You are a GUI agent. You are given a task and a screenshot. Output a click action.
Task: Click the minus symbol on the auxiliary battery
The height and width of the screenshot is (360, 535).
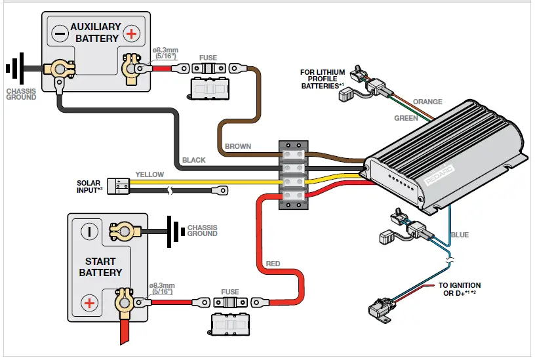pos(59,33)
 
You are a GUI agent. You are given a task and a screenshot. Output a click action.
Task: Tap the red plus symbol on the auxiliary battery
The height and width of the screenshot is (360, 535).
pos(132,33)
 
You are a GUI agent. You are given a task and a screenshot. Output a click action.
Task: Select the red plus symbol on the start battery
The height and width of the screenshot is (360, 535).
pos(89,303)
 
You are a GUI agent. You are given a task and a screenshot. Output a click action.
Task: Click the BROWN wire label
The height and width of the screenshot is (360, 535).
pos(237,146)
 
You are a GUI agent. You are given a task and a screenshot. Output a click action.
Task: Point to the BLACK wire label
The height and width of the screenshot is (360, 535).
pos(193,160)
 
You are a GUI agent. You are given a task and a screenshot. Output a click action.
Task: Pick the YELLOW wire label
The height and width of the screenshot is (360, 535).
pos(149,175)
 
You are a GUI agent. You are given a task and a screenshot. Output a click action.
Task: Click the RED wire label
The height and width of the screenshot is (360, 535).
pos(273,264)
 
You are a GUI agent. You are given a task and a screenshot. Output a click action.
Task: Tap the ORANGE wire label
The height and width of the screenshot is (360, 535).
pos(427,102)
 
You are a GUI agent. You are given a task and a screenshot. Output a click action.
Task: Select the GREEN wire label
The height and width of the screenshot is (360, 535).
pos(406,119)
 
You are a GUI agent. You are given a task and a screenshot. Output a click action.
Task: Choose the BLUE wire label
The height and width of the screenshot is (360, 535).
pos(460,235)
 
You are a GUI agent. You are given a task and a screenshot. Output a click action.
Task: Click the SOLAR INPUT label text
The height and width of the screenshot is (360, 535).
pos(90,186)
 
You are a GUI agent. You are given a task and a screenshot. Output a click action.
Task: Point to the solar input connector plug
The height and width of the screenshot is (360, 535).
pos(119,186)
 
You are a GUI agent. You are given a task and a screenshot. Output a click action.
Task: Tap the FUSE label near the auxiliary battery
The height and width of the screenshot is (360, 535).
pos(208,58)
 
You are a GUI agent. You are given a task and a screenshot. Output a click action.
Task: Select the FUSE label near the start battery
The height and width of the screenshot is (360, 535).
pos(229,292)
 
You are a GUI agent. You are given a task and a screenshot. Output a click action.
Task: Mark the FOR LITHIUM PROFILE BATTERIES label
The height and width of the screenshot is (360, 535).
pos(323,79)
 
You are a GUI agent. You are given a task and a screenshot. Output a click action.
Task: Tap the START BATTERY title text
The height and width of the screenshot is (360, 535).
pos(100,266)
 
